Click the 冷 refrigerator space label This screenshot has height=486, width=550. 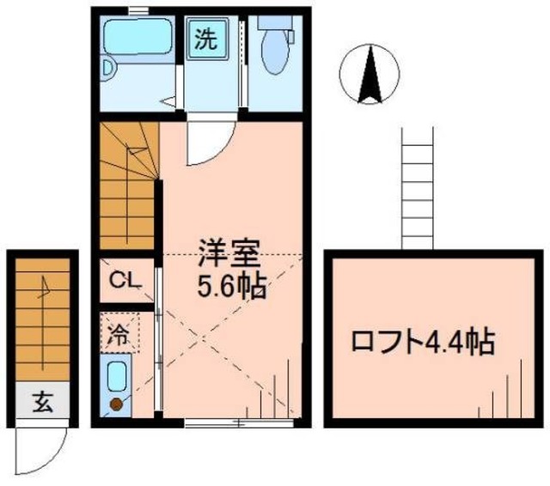[119, 334]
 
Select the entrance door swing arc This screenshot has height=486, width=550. [43, 447]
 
